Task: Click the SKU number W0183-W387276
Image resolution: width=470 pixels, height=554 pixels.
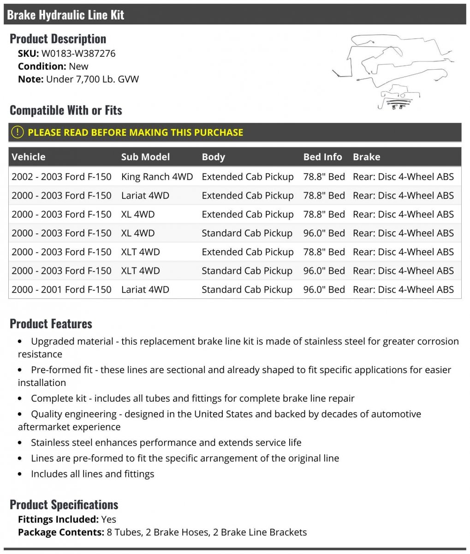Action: coord(78,53)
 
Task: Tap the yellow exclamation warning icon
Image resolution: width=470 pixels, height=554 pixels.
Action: coord(17,132)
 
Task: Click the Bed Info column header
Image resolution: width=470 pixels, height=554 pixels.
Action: coord(322,157)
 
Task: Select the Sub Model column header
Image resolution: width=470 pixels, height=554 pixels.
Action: coord(145,157)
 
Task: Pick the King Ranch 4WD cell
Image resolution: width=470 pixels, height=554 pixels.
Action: coord(157,177)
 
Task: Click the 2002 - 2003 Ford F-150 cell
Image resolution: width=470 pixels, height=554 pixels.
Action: coord(61,177)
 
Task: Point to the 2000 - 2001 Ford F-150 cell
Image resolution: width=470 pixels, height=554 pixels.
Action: coord(61,289)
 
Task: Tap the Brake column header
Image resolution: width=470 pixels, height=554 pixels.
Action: coord(366,157)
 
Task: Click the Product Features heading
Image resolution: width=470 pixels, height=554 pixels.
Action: coord(51,324)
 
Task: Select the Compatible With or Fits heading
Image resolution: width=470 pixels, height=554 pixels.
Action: coord(65,110)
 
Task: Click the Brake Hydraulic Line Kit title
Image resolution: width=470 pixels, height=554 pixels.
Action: coord(65,15)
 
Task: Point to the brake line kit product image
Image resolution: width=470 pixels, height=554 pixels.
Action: coord(392,72)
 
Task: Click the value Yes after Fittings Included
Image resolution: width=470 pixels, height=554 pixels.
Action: coord(109,519)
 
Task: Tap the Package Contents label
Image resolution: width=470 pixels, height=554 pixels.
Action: coord(61,532)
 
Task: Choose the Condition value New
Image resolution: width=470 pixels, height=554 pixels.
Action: coord(78,66)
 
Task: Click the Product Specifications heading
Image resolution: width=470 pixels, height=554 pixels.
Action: coord(64,505)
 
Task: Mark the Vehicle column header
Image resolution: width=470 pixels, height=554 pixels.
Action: coord(29,157)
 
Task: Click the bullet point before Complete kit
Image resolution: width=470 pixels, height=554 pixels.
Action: coord(20,398)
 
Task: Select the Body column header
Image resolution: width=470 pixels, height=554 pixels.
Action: coord(213,157)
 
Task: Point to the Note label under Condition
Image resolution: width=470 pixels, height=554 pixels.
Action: coord(30,79)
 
